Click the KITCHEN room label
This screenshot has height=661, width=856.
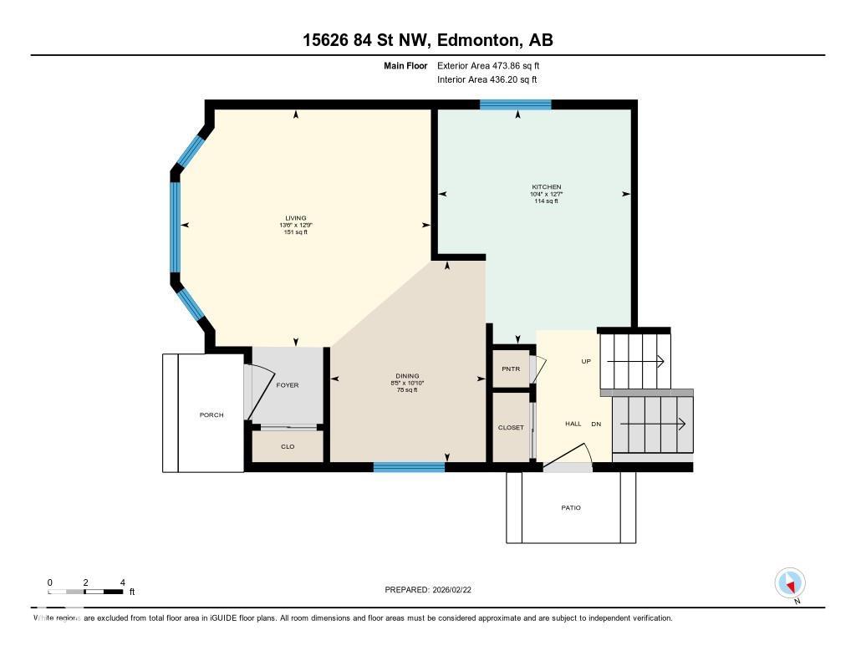[546, 187]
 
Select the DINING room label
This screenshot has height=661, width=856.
[407, 376]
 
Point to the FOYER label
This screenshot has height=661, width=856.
[288, 385]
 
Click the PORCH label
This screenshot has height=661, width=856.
[211, 414]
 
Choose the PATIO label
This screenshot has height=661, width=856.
[571, 507]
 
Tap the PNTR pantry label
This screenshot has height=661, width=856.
[511, 369]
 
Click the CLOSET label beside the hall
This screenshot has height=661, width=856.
[511, 427]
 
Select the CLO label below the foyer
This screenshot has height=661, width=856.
[288, 446]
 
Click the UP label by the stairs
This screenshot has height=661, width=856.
[586, 361]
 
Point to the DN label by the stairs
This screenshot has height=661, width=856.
[596, 424]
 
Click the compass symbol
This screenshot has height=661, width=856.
[790, 582]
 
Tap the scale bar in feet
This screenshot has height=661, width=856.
[86, 592]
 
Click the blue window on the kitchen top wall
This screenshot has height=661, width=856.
[515, 104]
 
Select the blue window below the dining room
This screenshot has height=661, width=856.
[409, 467]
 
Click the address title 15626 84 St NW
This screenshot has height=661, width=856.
[427, 40]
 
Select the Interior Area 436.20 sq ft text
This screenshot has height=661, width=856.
[487, 79]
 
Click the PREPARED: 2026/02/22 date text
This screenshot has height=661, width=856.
[433, 589]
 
